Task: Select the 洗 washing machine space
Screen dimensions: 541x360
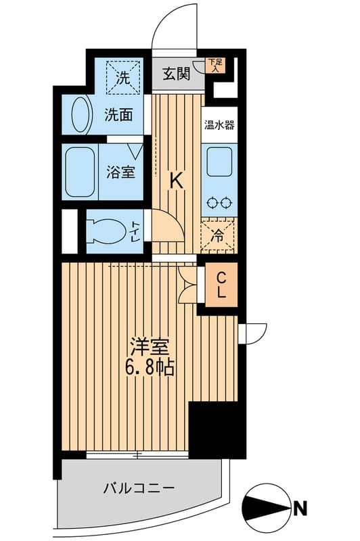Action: [x=125, y=77]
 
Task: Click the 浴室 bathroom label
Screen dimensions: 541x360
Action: [x=120, y=172]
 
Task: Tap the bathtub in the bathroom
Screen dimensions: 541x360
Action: [x=81, y=172]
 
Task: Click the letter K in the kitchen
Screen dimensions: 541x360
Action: [x=176, y=181]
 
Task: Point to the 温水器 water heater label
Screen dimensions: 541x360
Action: [x=220, y=124]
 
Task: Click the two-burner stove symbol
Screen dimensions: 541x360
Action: [x=220, y=202]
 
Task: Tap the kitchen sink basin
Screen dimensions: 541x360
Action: [x=220, y=163]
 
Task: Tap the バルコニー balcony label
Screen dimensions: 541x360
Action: [x=139, y=487]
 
